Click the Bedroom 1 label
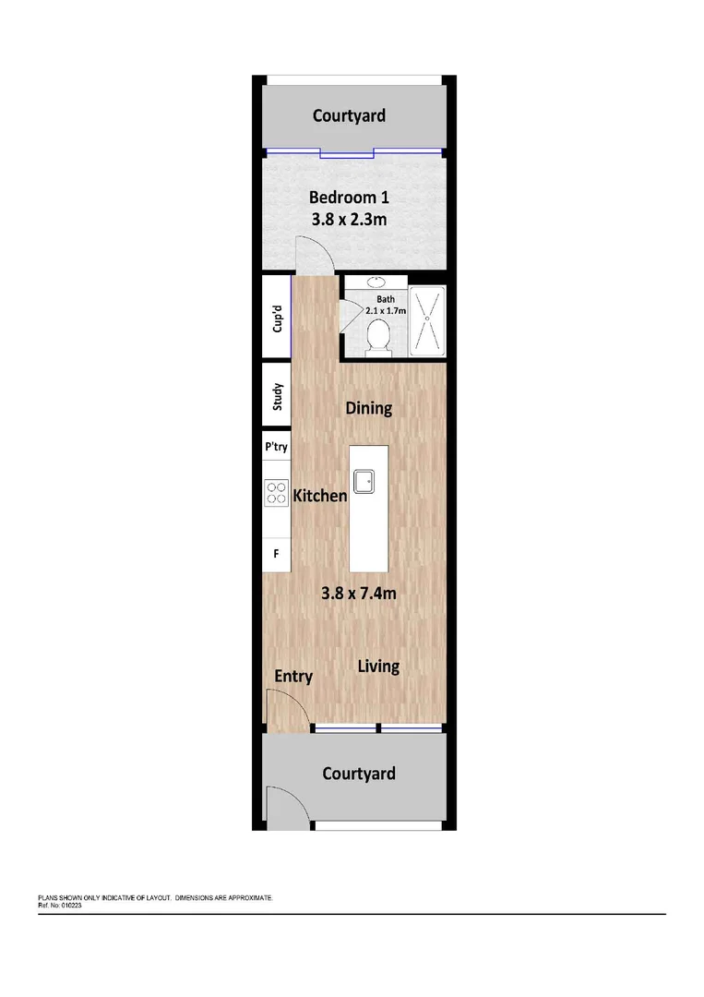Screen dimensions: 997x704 tap(349, 197)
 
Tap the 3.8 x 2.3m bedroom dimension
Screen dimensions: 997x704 tap(349, 220)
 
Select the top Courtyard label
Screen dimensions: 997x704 tap(349, 115)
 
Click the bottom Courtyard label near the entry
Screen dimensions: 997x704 tap(359, 773)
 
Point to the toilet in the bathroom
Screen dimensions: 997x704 tap(376, 340)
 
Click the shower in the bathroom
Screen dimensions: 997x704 tap(425, 320)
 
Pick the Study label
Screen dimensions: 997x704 tap(276, 397)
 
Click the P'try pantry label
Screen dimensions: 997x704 tap(276, 447)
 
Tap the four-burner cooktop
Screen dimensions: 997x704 tap(277, 492)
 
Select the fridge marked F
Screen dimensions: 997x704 tap(275, 554)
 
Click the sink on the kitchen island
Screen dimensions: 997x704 tap(364, 479)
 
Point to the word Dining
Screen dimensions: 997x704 tap(368, 407)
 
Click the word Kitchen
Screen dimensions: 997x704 tap(320, 496)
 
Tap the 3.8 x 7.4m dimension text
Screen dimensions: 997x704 tap(358, 594)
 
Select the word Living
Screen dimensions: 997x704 tap(378, 666)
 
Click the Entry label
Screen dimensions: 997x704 tap(293, 676)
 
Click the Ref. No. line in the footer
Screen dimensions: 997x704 tap(60, 906)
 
